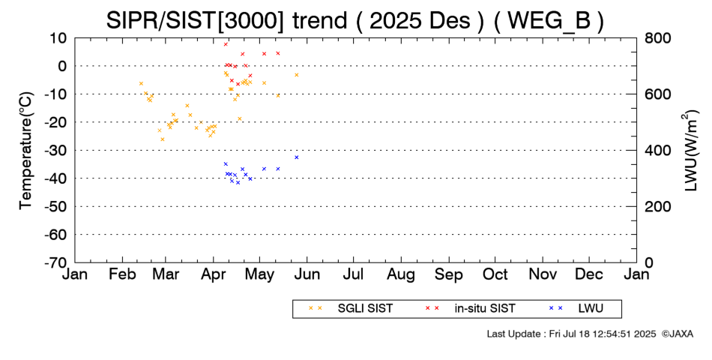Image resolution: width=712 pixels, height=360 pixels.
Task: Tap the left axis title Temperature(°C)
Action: tap(26, 151)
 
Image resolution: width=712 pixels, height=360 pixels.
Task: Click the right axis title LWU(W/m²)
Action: tap(690, 151)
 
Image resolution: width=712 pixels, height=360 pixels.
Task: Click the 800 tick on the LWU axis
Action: tap(657, 37)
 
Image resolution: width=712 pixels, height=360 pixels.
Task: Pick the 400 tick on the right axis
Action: tap(657, 150)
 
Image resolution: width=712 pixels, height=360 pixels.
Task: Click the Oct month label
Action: tap(495, 274)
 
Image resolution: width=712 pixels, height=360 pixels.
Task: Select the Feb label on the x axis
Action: tap(123, 274)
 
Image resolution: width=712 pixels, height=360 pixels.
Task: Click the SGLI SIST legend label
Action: tap(365, 309)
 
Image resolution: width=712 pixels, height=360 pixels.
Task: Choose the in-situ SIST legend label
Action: tap(485, 309)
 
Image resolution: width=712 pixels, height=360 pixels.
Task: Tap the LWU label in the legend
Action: tap(591, 309)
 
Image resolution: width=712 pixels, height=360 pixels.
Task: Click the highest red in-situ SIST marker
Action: tap(226, 44)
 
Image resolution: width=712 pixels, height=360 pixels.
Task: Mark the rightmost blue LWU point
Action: tap(297, 157)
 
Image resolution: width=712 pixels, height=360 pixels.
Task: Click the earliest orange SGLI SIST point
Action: tap(141, 83)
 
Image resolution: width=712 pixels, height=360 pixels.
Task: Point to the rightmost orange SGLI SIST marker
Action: tap(297, 74)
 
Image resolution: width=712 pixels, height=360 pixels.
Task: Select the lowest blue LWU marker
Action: tap(238, 182)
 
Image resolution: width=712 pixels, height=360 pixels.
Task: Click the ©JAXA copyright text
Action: tap(678, 334)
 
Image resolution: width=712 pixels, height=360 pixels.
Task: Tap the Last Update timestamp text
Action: tap(572, 334)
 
